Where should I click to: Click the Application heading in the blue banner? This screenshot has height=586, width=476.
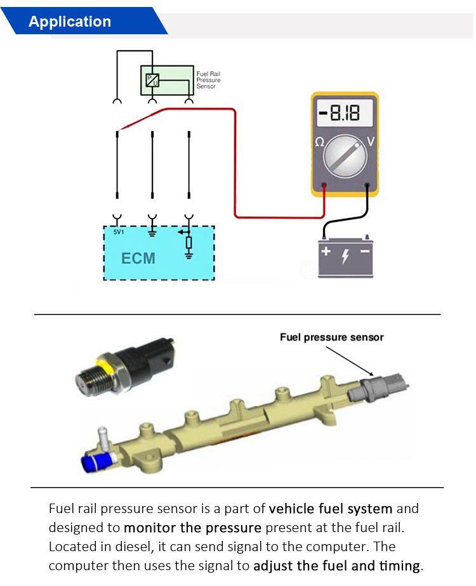click(x=70, y=22)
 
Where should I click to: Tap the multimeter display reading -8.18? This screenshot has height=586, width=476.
click(x=345, y=114)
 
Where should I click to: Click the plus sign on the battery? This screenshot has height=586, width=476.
click(x=326, y=251)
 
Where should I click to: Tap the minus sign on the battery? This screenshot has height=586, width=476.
click(x=365, y=251)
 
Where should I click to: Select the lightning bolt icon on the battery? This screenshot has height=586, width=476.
click(x=346, y=257)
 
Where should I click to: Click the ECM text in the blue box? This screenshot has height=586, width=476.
click(x=138, y=258)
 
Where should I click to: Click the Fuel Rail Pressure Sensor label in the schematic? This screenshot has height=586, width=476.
click(x=208, y=80)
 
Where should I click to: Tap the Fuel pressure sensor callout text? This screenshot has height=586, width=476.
click(x=331, y=337)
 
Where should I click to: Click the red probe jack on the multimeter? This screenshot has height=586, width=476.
click(x=324, y=186)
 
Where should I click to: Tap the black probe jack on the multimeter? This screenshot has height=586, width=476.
click(x=367, y=186)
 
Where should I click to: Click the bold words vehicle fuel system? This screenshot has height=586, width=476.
click(x=331, y=509)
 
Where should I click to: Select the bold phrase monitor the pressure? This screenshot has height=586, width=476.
click(x=192, y=528)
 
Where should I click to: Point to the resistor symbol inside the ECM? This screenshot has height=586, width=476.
click(x=188, y=242)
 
